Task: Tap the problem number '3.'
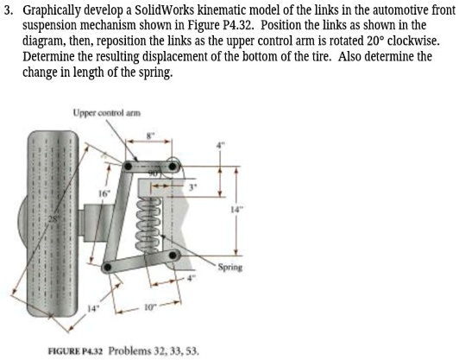tap(8, 10)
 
